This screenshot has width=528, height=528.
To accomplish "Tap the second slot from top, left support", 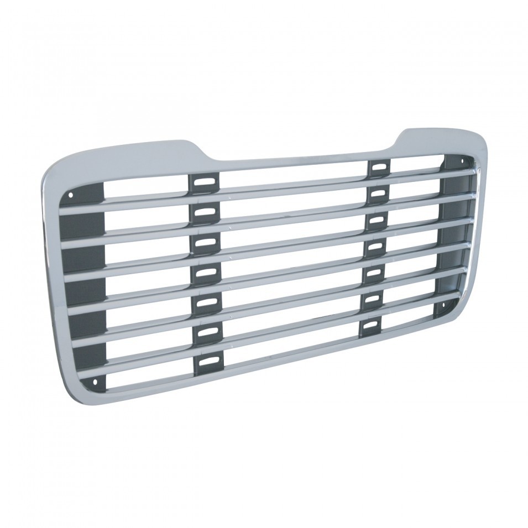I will click(x=204, y=212).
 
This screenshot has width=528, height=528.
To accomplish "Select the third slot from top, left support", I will click(x=204, y=242).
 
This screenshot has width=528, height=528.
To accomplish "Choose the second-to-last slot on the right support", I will click(x=372, y=299).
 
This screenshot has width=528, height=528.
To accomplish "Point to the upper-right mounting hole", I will click(x=463, y=161).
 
